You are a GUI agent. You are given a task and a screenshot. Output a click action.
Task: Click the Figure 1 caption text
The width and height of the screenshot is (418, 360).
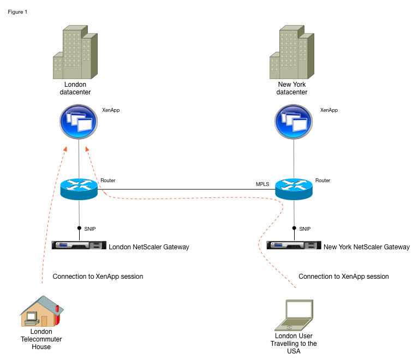17,12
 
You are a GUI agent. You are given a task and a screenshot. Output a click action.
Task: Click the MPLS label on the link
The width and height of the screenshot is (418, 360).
263,184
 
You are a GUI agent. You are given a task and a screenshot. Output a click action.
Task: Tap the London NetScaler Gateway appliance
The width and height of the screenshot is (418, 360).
79,245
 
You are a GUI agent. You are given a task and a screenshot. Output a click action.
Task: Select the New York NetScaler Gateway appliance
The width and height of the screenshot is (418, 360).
294,245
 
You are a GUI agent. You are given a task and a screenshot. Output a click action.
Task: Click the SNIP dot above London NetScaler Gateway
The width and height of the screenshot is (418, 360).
79,229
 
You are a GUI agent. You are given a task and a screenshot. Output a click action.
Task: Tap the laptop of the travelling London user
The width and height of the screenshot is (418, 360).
294,315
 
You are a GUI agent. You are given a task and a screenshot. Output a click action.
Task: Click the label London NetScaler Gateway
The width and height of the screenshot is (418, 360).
149,247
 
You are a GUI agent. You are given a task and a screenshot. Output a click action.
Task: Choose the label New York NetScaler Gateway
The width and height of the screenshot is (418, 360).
366,247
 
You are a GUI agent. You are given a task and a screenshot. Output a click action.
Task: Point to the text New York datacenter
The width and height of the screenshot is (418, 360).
292,88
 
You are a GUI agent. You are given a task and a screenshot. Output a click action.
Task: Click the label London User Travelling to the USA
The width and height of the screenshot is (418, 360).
294,344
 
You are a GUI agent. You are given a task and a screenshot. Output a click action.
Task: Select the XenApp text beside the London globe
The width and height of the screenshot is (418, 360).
111,110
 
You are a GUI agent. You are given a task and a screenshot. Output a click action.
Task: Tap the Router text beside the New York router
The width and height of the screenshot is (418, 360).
323,180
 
